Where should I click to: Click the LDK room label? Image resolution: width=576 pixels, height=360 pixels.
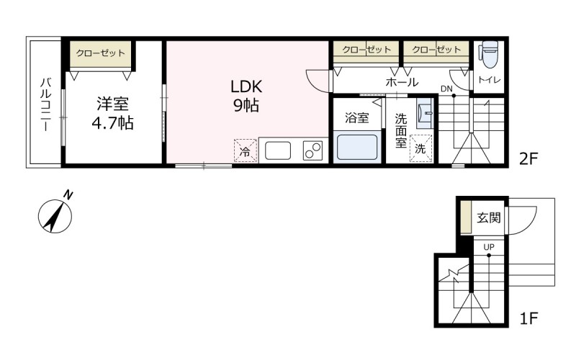coord(246,86)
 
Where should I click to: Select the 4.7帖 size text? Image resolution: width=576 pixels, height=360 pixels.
coord(112,122)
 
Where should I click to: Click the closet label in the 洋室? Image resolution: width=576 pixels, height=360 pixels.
coord(101,53)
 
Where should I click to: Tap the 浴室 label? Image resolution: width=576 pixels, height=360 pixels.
coord(357,117)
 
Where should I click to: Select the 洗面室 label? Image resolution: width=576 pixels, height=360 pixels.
coord(400,130)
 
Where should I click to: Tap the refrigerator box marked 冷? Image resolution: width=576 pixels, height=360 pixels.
coord(246,151)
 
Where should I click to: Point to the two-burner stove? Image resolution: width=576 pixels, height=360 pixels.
coord(314,150)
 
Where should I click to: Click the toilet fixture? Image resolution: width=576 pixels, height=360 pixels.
coord(489,52)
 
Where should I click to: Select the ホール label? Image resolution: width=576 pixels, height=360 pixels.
coord(402,82)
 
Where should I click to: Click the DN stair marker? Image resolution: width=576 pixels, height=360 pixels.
coord(447,89)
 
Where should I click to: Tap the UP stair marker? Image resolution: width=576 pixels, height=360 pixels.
coord(489,247)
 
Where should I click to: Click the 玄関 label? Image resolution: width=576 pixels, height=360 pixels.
coord(489,217)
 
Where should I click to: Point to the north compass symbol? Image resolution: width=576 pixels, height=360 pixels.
coord(55,214)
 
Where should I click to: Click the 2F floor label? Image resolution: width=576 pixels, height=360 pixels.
coord(529,158)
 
